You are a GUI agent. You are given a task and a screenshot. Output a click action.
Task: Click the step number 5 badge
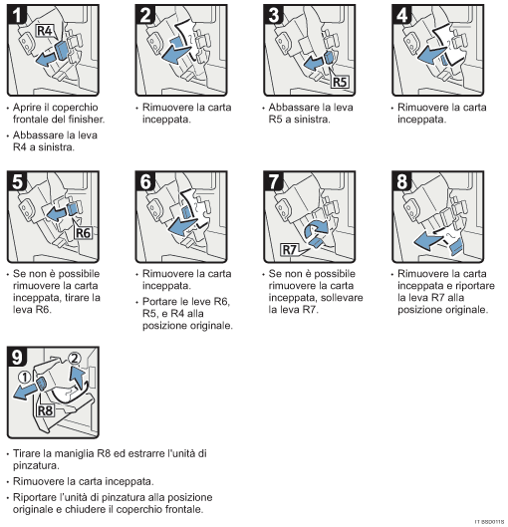coord(17,183)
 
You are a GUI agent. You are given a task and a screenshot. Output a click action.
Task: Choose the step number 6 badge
coord(145,183)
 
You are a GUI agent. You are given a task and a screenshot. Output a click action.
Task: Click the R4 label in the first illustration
coord(46,31)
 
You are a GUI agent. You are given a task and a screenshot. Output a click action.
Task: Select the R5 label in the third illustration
coord(341,83)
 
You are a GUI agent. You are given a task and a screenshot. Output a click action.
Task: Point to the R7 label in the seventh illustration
coord(289,249)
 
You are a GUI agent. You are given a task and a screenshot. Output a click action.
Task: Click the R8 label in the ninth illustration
coord(44,408)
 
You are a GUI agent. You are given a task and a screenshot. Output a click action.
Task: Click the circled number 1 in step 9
coord(24,378)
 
